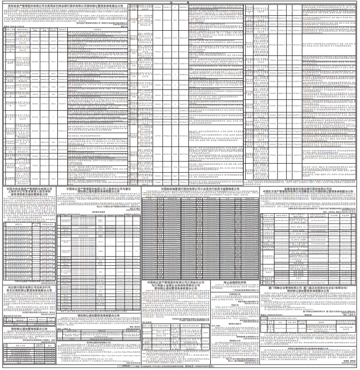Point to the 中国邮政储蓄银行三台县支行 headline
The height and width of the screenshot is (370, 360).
(200, 188)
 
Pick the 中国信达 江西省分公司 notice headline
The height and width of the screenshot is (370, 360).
(176, 285)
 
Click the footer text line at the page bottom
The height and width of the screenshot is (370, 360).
(180, 368)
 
